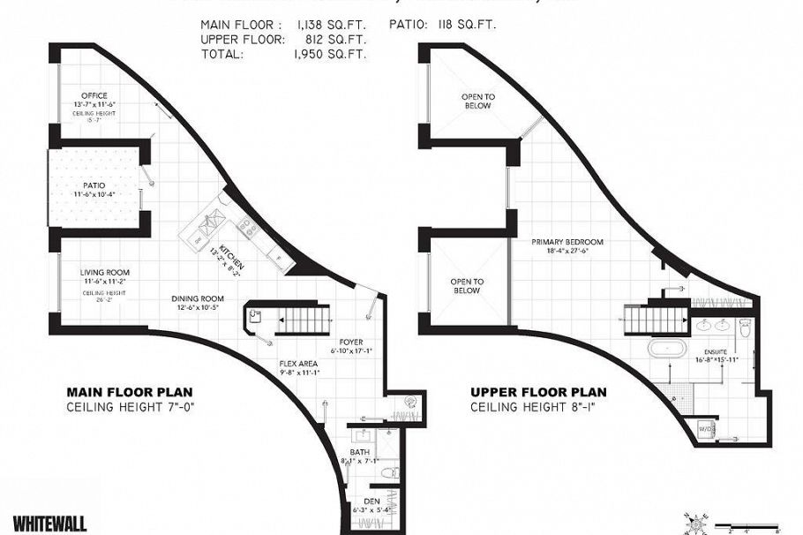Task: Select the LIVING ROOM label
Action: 105,273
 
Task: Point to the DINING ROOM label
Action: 197,298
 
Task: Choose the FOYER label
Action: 351,342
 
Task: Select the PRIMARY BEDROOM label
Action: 567,242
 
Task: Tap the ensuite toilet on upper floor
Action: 745,328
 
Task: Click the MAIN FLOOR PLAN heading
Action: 130,393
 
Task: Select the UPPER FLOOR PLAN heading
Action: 534,393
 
